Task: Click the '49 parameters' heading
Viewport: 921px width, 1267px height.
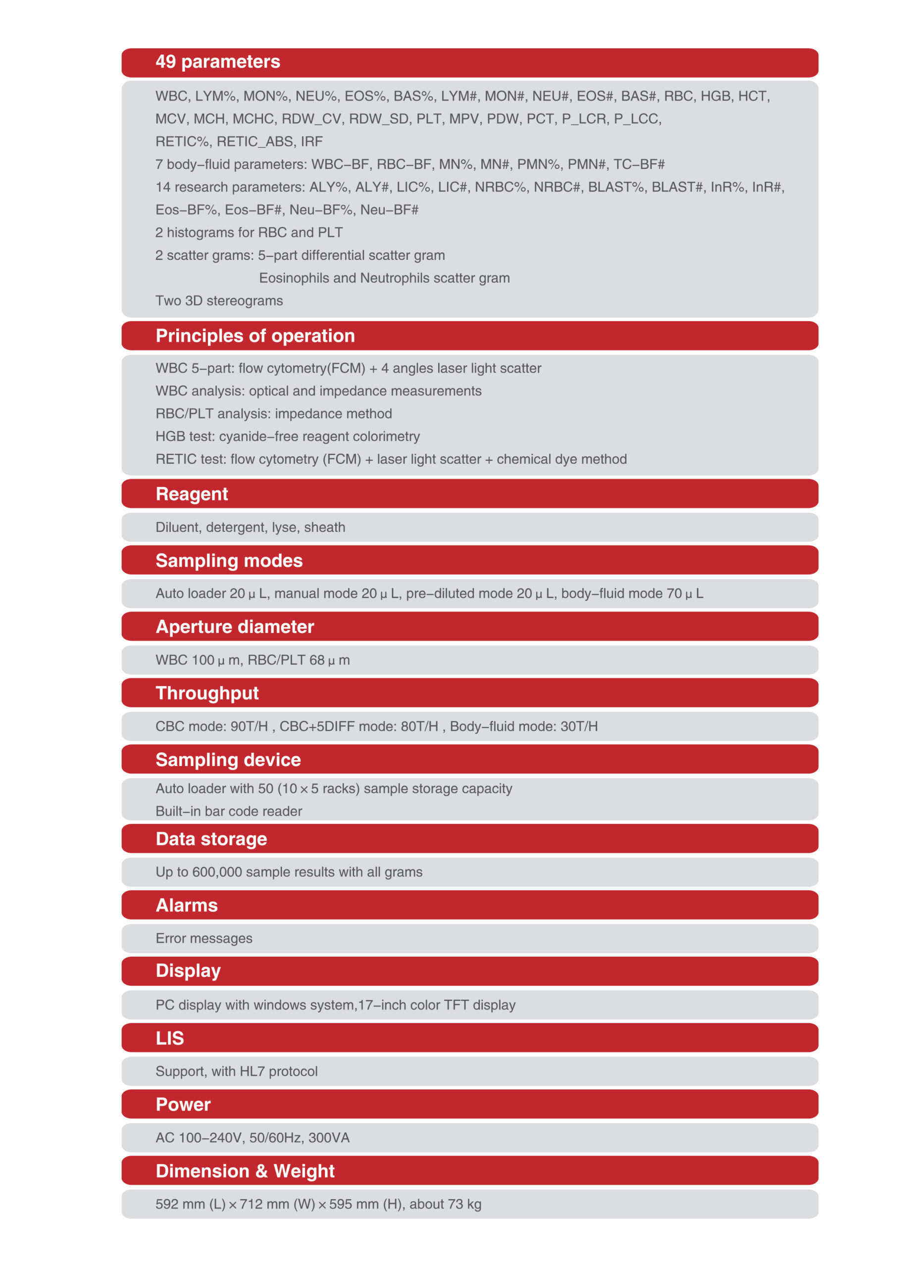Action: coord(218,62)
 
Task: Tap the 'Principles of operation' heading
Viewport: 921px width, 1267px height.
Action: coord(255,336)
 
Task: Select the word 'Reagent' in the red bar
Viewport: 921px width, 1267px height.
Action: coord(192,494)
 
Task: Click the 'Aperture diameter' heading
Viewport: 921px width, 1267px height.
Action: coord(235,627)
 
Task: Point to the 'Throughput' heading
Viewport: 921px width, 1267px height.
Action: coord(207,693)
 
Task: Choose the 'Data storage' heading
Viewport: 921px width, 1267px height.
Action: coord(211,839)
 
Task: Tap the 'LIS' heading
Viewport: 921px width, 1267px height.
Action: coord(169,1038)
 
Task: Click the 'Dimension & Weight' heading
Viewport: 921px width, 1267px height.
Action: coord(245,1171)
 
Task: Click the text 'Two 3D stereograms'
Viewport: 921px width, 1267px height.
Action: coord(219,300)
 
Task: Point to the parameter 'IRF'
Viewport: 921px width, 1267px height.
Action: coord(312,142)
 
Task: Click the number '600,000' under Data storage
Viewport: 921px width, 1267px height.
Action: coord(218,872)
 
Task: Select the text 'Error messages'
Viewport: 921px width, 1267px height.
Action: coord(204,938)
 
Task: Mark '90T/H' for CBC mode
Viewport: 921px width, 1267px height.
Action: coord(249,726)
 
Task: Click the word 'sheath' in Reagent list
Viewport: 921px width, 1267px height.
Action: coord(325,528)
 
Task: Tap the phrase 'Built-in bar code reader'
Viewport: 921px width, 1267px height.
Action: coord(229,811)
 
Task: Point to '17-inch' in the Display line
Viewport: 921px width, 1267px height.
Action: coord(382,1005)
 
